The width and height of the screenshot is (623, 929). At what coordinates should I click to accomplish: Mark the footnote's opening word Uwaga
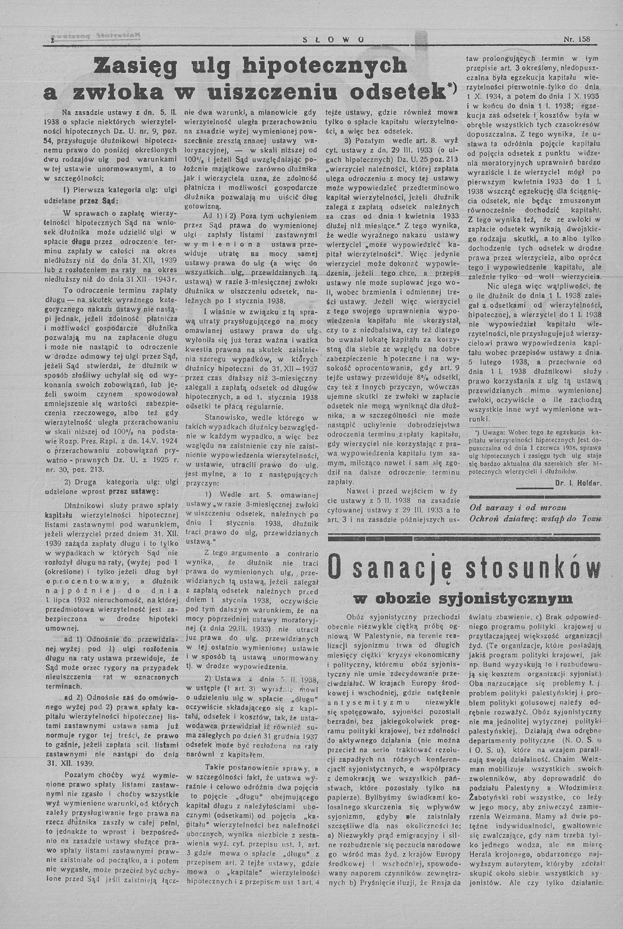point(492,431)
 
